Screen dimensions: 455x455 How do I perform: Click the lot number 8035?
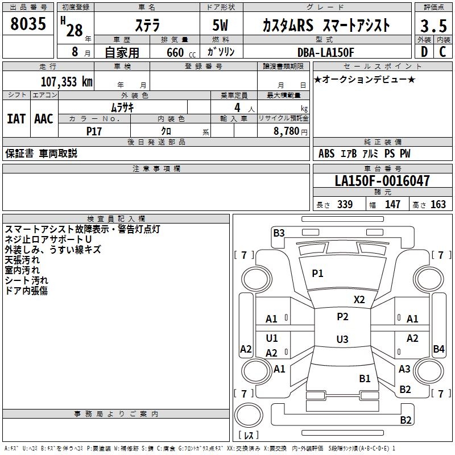(x=28, y=24)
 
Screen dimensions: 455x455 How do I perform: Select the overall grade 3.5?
(x=432, y=27)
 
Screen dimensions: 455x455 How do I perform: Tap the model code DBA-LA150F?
(x=326, y=52)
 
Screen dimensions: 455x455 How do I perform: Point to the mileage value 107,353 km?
(x=67, y=81)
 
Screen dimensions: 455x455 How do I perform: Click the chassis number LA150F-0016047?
(x=382, y=181)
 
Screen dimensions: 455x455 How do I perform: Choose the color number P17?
(x=94, y=131)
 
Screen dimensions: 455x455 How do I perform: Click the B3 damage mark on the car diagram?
(x=279, y=233)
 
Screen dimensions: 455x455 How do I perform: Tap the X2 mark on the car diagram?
(x=359, y=299)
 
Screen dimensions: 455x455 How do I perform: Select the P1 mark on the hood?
(x=317, y=274)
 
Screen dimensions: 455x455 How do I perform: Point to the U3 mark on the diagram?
(x=342, y=340)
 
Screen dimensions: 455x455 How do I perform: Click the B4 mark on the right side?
(x=439, y=349)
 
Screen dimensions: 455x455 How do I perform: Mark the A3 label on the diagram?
(x=404, y=369)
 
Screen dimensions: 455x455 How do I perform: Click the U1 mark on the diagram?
(x=272, y=338)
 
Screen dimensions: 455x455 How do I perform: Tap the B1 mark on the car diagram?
(x=365, y=378)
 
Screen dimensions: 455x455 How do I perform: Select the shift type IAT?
(x=16, y=118)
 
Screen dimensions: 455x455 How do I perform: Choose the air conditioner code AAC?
(x=44, y=118)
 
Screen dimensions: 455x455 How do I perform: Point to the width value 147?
(x=392, y=205)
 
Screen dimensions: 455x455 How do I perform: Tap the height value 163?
(x=438, y=205)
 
